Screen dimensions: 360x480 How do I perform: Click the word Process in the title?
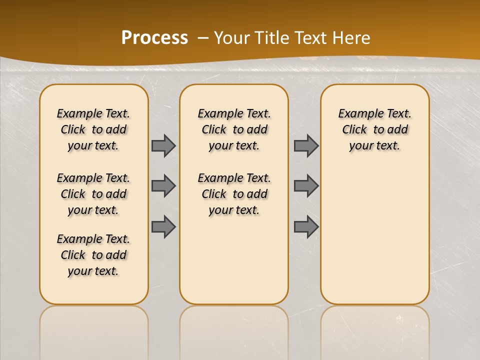[154, 37]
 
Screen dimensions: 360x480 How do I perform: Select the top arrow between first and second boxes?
[163, 145]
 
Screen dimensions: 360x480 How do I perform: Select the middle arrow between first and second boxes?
[163, 186]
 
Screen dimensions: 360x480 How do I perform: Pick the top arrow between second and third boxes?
[306, 145]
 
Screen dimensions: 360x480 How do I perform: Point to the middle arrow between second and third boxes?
[306, 186]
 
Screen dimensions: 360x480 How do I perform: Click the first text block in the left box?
[93, 129]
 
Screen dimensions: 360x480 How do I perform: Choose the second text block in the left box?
[93, 194]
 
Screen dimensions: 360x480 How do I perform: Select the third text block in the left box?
[93, 255]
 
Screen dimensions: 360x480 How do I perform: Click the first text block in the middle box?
[234, 129]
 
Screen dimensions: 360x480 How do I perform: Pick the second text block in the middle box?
[234, 194]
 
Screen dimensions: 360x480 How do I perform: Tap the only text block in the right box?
[375, 129]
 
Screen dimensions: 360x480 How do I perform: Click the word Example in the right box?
[356, 114]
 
